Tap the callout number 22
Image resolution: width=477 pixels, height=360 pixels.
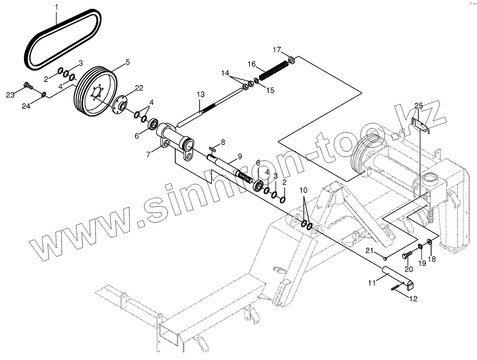point(128,88)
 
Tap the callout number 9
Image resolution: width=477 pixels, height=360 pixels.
point(239,157)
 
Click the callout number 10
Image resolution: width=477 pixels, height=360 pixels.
point(304,190)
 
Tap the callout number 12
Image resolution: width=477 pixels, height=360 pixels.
point(413,298)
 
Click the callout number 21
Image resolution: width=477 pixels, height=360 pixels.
point(370,251)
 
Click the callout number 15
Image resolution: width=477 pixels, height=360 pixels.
point(270,90)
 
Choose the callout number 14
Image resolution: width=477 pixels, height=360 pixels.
point(226,73)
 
